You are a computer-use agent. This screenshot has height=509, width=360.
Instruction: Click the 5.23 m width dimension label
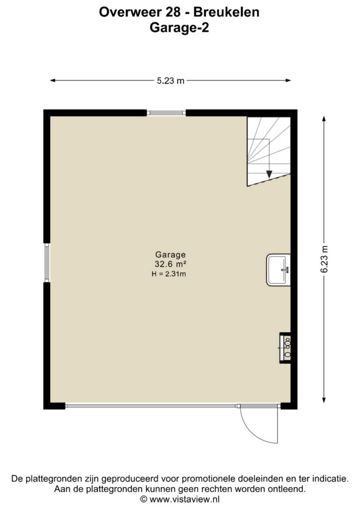(171, 81)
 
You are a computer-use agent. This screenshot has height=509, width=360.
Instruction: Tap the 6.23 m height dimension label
(325, 259)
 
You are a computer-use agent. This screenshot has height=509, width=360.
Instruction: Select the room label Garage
(171, 255)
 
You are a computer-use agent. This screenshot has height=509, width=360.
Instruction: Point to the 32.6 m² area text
(170, 264)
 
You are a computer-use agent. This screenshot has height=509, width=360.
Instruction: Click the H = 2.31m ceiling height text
(169, 274)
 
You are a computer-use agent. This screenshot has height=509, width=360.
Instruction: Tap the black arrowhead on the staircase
(269, 174)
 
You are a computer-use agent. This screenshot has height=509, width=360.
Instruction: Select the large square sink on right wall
(278, 270)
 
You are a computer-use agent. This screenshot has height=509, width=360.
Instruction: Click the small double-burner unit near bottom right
(285, 347)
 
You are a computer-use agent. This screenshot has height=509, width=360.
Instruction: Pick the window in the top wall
(166, 113)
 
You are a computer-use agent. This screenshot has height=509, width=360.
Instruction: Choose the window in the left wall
(47, 262)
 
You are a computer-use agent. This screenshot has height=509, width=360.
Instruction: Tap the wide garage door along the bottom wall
(151, 406)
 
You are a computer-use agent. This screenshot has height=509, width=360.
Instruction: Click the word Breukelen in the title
(226, 12)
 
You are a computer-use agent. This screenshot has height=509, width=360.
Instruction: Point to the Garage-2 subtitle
(179, 28)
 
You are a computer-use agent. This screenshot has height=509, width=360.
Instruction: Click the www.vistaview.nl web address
(184, 499)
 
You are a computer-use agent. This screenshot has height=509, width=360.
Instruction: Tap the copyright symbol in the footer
(144, 499)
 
